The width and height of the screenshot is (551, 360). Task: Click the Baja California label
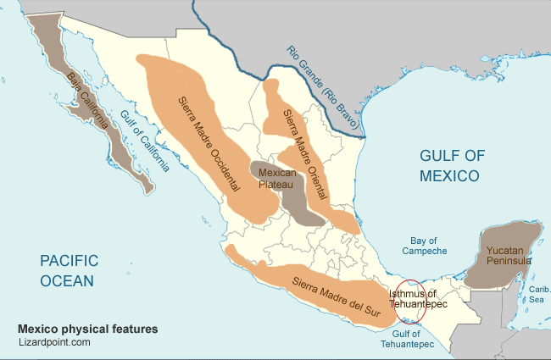(88, 100)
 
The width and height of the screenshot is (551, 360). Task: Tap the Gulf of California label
(144, 141)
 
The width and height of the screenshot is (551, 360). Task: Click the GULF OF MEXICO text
(448, 165)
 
